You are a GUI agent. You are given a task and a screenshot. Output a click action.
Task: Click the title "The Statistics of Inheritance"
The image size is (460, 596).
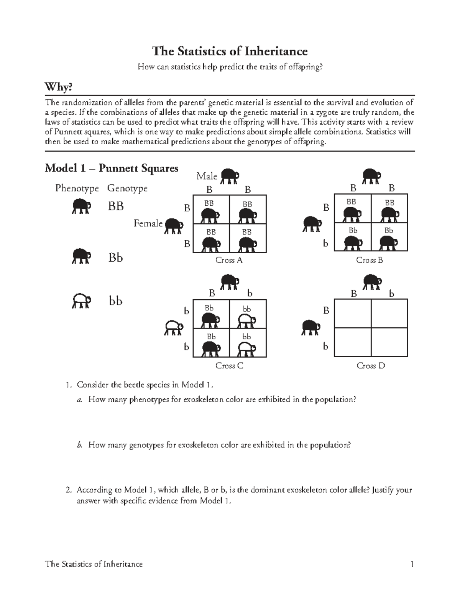pos(230,51)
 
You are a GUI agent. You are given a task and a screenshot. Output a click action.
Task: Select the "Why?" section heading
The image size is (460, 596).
pos(58,88)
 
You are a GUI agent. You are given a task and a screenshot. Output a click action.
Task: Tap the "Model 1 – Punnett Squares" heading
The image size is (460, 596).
pos(111,168)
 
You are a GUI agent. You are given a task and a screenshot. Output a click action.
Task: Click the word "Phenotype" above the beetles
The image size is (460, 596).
pos(77,188)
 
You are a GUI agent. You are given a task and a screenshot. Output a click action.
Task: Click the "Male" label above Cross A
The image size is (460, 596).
pos(207,176)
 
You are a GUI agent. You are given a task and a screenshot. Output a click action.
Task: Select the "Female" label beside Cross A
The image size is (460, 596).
pos(148,223)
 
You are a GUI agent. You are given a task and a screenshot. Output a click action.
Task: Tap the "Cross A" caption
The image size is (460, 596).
pos(229,260)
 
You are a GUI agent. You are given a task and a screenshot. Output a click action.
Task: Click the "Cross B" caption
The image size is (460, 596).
pos(370,260)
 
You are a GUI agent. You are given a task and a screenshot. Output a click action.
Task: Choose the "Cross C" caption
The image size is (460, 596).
pos(229,366)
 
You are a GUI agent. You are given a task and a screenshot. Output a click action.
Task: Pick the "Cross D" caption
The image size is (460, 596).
pos(370,366)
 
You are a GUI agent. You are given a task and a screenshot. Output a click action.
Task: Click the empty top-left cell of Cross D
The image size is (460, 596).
pos(352,314)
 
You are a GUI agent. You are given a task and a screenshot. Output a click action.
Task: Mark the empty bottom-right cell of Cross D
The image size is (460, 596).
pos(389,342)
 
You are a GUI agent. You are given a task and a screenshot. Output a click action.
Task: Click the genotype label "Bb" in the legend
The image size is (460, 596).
pos(115,258)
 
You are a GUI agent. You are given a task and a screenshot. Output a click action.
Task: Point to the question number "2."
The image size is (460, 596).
pos(69,490)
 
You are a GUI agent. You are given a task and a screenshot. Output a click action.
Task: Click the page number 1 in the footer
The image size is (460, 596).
pos(412,564)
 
